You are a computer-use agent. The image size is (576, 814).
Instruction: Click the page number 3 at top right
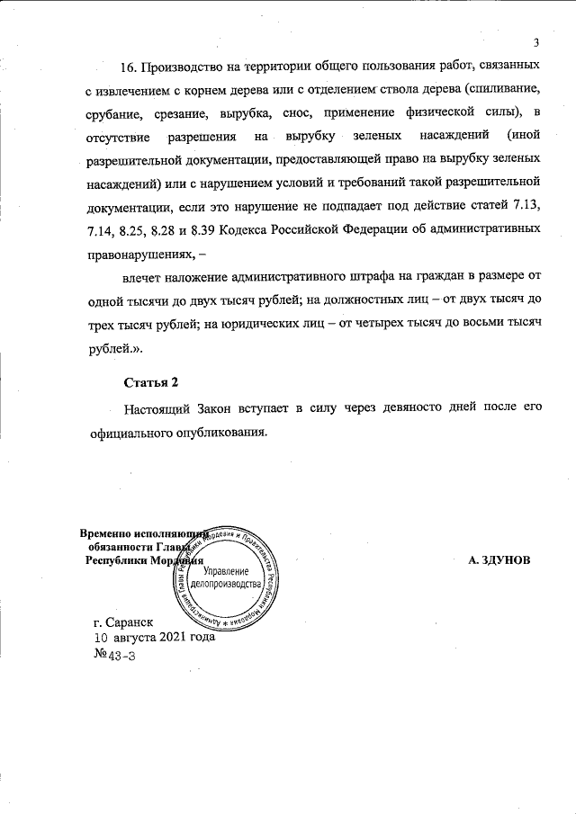click(x=536, y=42)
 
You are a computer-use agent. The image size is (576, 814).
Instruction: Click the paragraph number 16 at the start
click(x=130, y=67)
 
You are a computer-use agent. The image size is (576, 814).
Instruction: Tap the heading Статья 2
click(x=145, y=385)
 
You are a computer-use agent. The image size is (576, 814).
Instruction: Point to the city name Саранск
click(x=130, y=622)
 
